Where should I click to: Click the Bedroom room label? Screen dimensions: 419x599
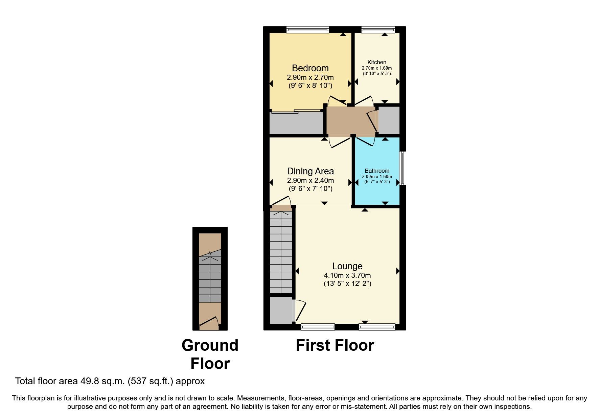pos(310,68)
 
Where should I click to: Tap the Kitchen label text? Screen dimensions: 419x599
pos(377,62)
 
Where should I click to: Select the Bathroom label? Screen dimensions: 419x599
pos(377,171)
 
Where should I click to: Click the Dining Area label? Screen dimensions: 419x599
pos(310,171)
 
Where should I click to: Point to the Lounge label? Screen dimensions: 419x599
pos(347,266)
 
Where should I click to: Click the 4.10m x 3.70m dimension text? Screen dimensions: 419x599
pos(347,275)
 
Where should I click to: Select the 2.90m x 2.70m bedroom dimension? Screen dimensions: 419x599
pos(310,77)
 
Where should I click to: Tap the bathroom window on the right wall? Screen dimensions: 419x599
pos(402,168)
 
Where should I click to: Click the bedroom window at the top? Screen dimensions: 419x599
pos(307,30)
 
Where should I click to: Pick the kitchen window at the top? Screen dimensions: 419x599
pos(378,30)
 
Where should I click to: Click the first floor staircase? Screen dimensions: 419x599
pos(281,252)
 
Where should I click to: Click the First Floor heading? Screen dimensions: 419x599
pos(335,345)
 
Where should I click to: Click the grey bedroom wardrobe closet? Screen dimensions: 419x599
pos(296,123)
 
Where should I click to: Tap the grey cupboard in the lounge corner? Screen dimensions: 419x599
pos(281,309)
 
